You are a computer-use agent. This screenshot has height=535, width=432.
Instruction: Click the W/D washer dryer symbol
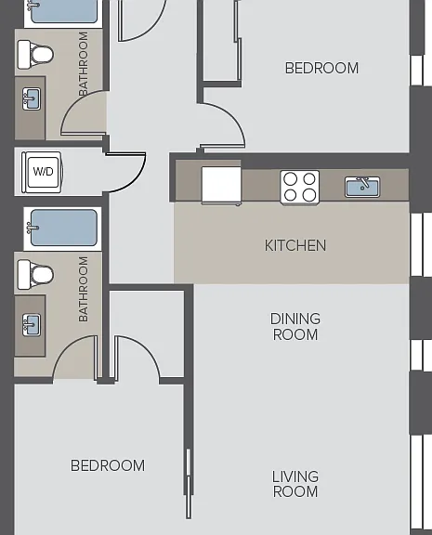pos(42,172)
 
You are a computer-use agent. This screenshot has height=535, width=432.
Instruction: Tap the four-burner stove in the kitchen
pos(299,188)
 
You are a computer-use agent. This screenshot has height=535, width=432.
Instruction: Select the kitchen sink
pos(362,187)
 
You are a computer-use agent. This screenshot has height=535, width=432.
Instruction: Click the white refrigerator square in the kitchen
pos(221,186)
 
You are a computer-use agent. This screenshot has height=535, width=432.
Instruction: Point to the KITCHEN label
pos(295,245)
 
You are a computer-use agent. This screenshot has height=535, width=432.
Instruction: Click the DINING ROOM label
pos(295,327)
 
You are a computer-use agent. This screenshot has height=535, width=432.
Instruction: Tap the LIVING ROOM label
pos(295,484)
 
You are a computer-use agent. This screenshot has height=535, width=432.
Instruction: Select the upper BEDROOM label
pos(321,68)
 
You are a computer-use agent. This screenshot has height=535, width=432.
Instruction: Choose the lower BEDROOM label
pos(108,465)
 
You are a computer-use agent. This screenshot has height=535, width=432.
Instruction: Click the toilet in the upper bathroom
pos(35,54)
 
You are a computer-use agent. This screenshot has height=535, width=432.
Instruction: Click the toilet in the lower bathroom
pos(35,274)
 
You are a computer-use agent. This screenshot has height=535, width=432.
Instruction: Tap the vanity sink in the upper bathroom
pos(32,99)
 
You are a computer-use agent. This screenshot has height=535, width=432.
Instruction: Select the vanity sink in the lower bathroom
pos(32,325)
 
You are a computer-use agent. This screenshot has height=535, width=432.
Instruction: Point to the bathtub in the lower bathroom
pos(63,228)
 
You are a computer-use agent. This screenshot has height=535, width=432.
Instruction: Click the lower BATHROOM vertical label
pos(84,290)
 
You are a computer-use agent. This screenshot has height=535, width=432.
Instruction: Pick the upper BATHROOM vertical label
pos(84,64)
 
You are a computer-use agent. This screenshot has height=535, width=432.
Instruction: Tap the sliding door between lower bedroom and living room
pos(188,484)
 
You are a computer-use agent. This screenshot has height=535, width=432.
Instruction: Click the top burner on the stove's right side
pos(309,178)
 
